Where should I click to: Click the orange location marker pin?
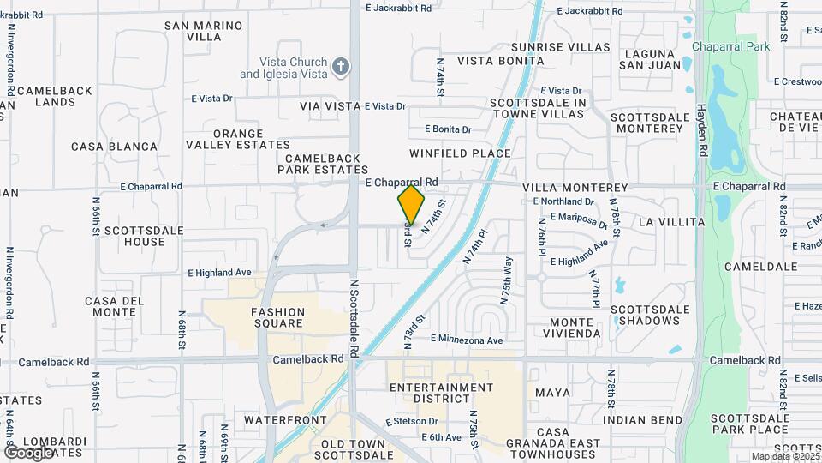coord(411,204)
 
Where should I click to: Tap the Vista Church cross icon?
coord(341,68)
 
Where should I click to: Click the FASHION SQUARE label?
coord(278,317)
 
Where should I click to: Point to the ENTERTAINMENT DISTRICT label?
coord(442,394)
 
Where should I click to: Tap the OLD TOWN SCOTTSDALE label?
coord(353,450)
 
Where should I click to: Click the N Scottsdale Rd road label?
coord(353,317)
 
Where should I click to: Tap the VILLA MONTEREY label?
coord(575,187)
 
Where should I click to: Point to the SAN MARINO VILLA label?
coord(204,32)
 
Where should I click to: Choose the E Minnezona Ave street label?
coord(467,340)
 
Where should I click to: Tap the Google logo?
coord(28,452)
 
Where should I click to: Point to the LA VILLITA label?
coord(671,222)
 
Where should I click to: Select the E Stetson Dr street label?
coord(412,422)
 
